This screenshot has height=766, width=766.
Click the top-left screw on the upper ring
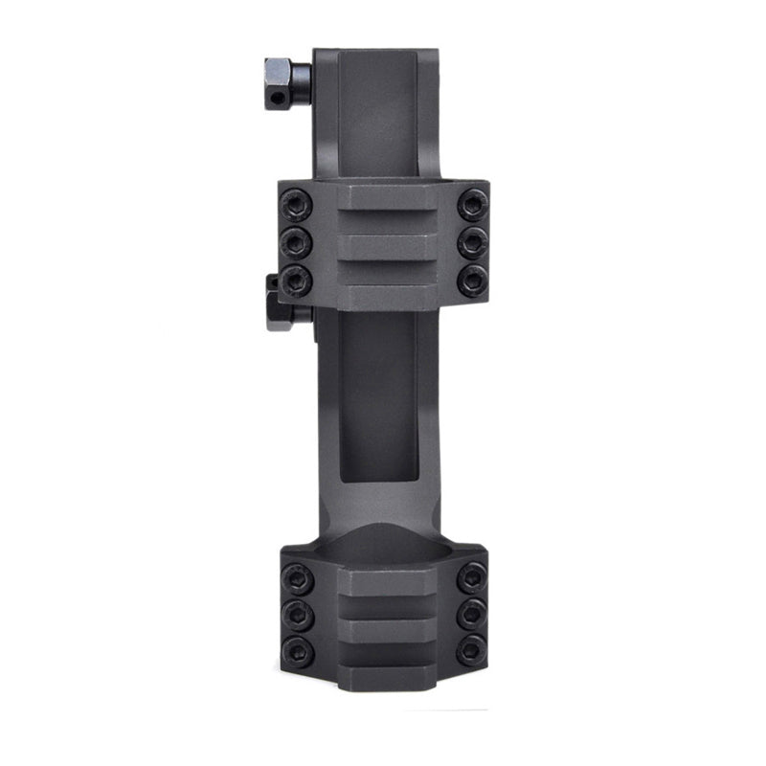(297, 203)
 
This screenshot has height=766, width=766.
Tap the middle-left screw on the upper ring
(297, 239)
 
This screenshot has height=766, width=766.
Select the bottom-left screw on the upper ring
(297, 280)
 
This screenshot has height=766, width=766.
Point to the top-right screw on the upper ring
(472, 203)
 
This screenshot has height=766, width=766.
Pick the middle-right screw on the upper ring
(472, 239)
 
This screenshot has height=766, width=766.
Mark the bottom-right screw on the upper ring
(472, 280)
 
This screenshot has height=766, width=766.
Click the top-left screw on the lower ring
(297, 577)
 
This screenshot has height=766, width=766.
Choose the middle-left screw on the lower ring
(297, 614)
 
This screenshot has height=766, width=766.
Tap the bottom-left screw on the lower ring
(297, 650)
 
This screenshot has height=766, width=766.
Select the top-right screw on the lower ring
(471, 577)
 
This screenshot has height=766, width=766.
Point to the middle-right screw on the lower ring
(471, 614)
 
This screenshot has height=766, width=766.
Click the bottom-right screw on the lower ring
(471, 650)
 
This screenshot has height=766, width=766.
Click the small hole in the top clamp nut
(278, 96)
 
